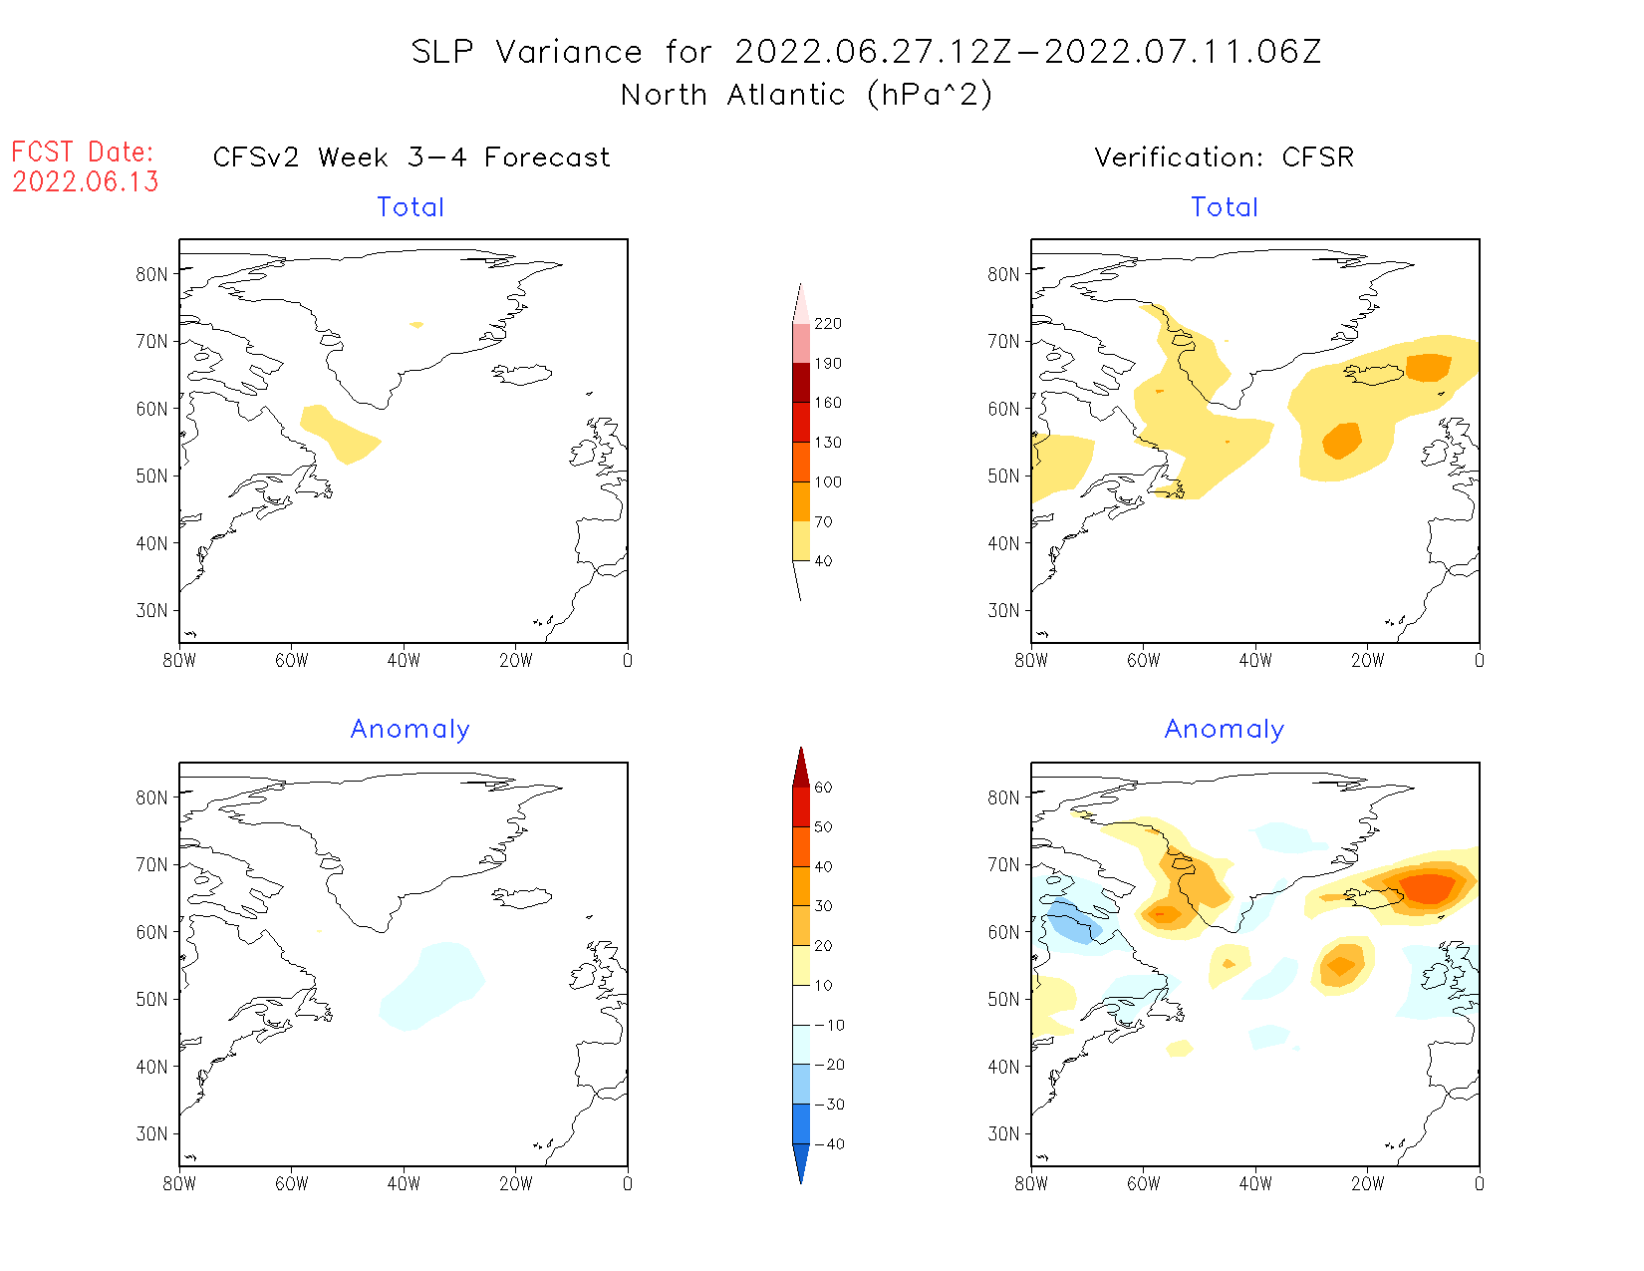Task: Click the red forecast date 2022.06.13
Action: pos(86,182)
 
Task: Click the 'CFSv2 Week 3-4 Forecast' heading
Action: pos(411,158)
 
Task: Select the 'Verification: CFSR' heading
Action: pos(1224,158)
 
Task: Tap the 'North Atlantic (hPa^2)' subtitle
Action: pos(806,95)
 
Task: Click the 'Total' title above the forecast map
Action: pos(411,207)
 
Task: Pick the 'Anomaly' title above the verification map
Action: pos(1224,730)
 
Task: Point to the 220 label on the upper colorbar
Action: pos(827,324)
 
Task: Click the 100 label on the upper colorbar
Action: pos(827,481)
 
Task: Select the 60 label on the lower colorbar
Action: pos(823,788)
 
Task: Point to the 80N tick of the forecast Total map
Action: pos(152,274)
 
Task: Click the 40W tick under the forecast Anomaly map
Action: pos(404,1184)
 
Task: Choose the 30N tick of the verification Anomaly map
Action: pos(1004,1133)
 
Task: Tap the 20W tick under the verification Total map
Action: pos(1367,661)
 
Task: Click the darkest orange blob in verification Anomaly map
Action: pos(1428,886)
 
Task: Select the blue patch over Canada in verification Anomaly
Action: pos(1071,922)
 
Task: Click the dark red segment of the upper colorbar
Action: pos(801,383)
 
